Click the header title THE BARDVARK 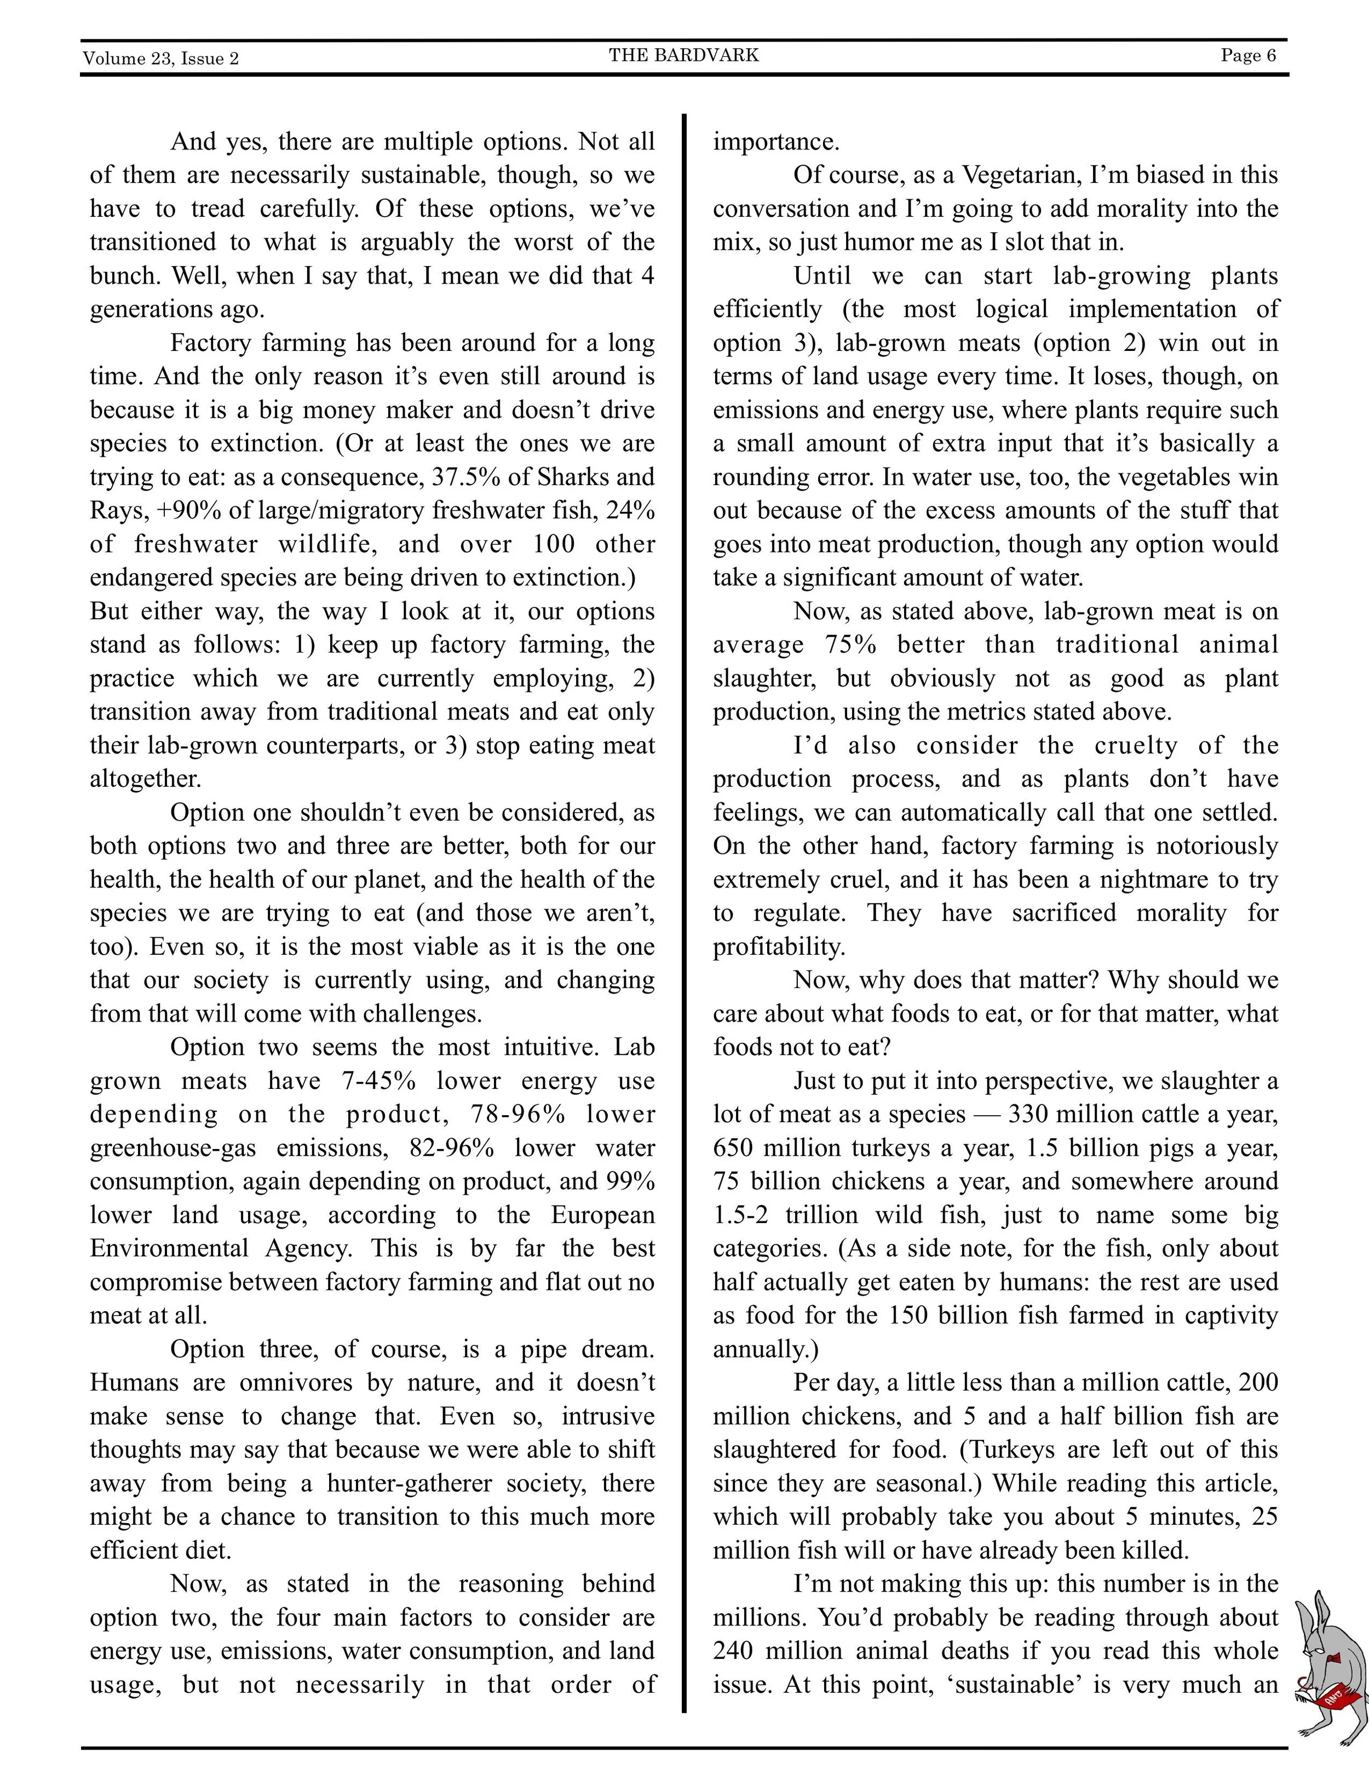684,55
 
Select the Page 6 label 1248,55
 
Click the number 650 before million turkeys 733,1148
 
